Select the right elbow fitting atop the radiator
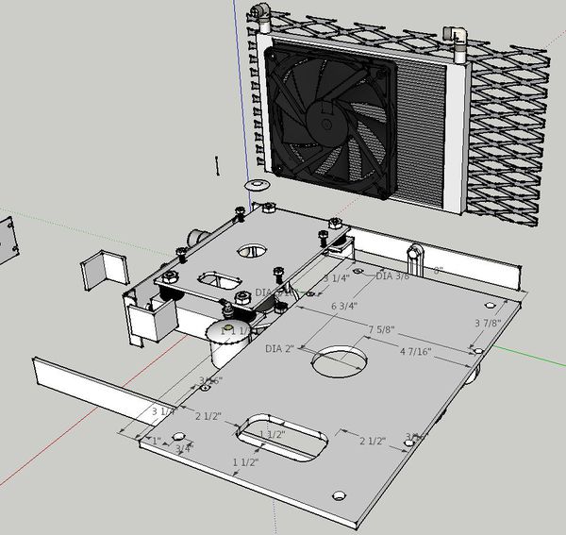[x=457, y=36]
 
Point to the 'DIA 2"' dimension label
[x=281, y=350]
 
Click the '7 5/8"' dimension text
[x=381, y=330]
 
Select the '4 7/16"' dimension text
[x=416, y=352]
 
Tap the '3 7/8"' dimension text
[x=488, y=324]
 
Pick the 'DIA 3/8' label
[x=393, y=276]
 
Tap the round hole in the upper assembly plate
[x=253, y=251]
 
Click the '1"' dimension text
[x=155, y=442]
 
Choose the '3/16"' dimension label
[x=209, y=381]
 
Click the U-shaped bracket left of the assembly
[x=104, y=270]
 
